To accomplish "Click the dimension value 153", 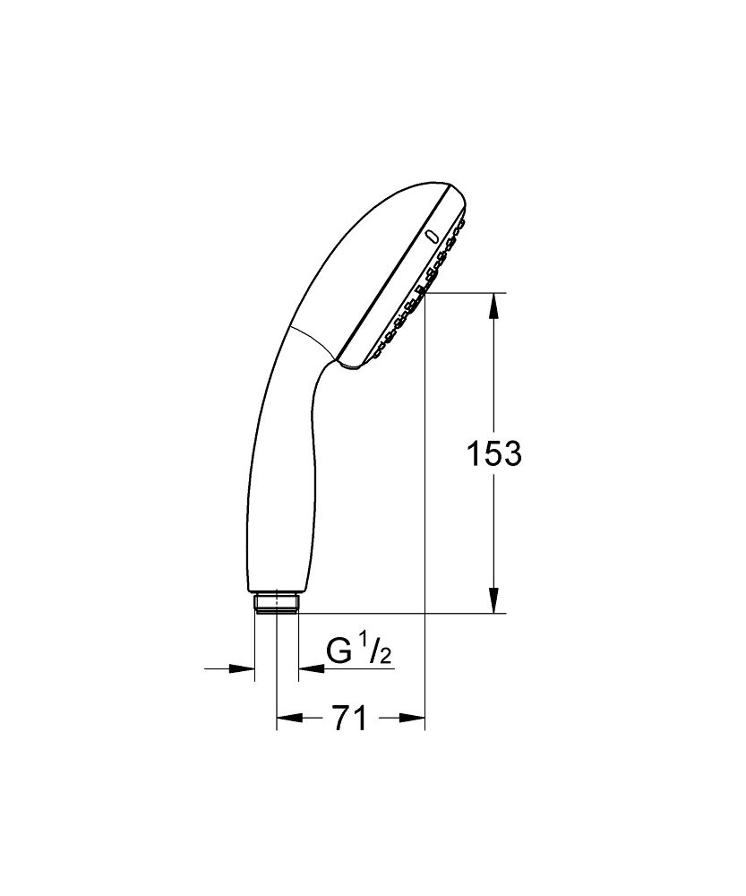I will [493, 453].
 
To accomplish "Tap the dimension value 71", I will [348, 718].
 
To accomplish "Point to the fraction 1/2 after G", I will [377, 652].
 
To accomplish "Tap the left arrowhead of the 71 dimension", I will [287, 718].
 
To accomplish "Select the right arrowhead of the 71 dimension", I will [412, 718].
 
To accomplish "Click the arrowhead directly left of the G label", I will [310, 668].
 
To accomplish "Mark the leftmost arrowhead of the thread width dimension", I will [243, 668].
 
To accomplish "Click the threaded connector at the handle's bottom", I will [276, 602].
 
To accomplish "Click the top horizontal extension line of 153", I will [466, 293].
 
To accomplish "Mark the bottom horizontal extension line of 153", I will [403, 614].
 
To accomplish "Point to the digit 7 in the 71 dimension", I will [339, 718].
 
